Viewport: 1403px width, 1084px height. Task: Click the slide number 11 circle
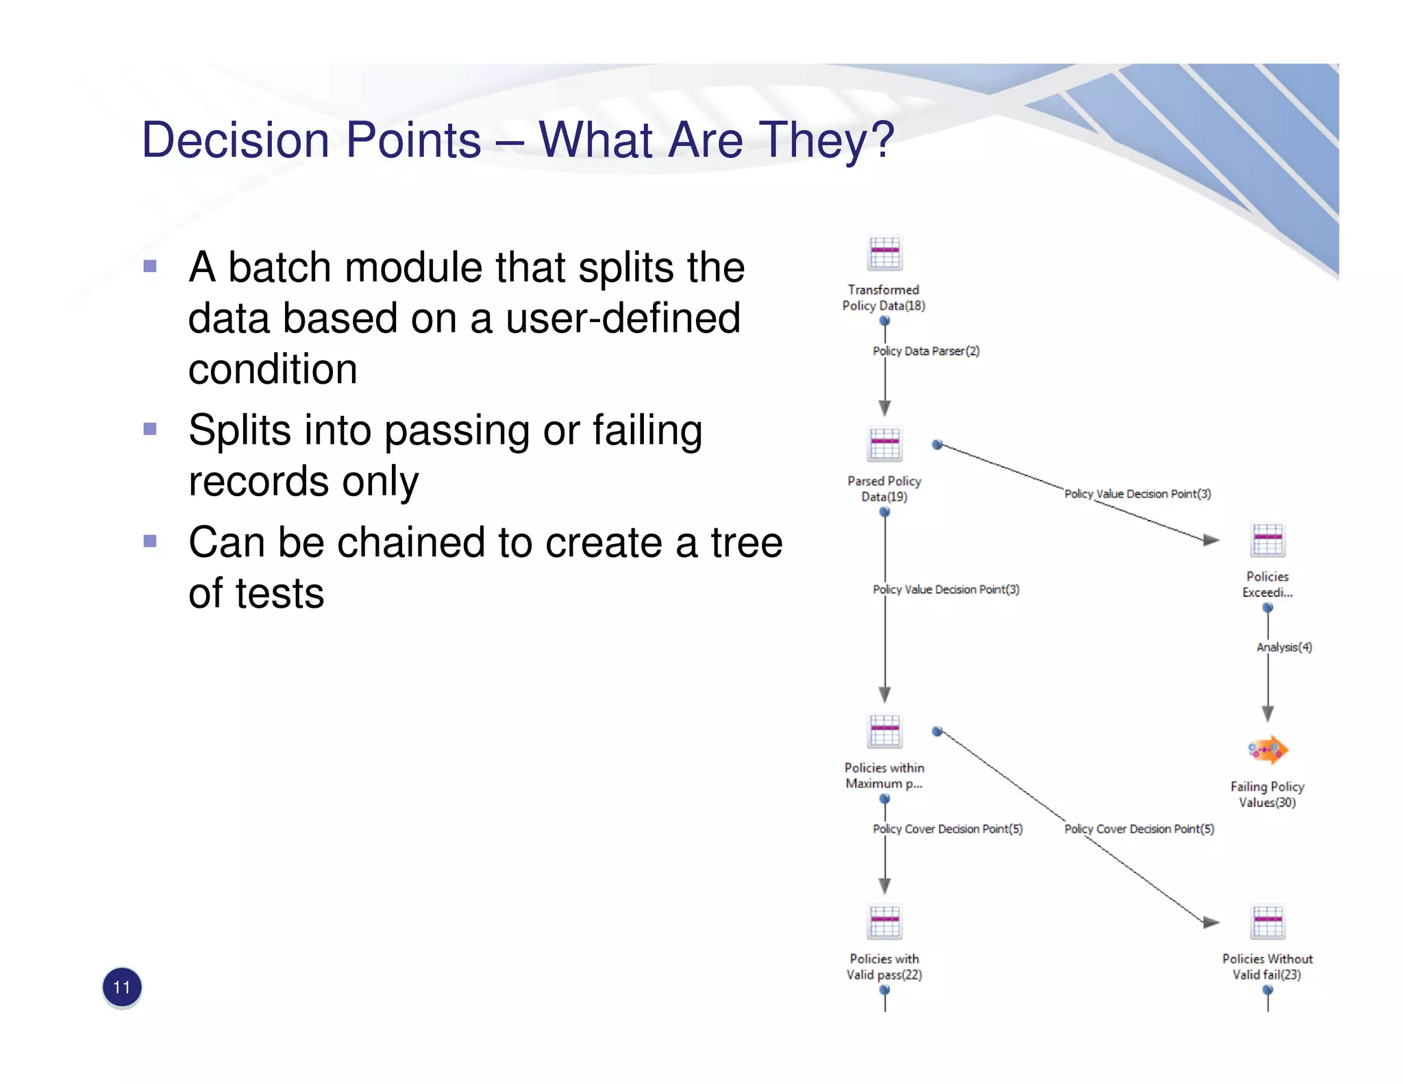tap(122, 987)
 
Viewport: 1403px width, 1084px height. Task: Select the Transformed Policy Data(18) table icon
tap(884, 254)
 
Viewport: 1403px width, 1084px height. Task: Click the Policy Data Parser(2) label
tap(926, 351)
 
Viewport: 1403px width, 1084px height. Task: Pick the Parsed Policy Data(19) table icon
tap(884, 444)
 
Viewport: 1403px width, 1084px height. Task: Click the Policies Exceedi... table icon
tap(1267, 540)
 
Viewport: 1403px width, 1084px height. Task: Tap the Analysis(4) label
tap(1284, 647)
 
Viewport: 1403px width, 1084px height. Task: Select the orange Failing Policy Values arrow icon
tap(1267, 750)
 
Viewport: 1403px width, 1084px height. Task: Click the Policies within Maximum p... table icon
tap(884, 730)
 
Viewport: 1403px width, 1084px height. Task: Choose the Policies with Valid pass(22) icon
tap(884, 922)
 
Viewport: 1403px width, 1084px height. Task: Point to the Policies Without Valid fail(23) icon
tap(1267, 922)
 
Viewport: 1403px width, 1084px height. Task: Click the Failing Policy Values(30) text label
tap(1267, 794)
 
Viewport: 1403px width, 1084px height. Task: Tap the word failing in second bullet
tap(647, 430)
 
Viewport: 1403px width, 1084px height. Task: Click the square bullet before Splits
tap(150, 430)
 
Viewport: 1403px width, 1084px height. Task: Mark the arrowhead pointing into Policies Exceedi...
tap(1211, 540)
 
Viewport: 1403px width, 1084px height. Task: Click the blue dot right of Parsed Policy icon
tap(937, 445)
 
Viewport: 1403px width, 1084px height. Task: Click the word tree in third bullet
tap(746, 543)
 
